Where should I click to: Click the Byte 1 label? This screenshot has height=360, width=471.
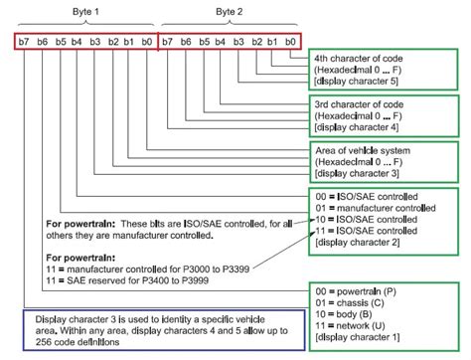(x=88, y=9)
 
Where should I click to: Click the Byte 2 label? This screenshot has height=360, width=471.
(x=230, y=9)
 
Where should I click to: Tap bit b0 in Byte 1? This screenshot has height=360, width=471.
(x=148, y=43)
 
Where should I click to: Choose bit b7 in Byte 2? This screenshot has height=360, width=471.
(x=167, y=43)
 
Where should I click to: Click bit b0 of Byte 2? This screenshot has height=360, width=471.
(x=289, y=43)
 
